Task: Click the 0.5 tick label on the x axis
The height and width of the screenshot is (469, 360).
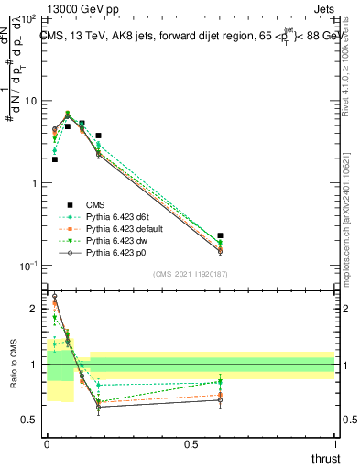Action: (191, 442)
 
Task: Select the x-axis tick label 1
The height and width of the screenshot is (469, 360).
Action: (335, 442)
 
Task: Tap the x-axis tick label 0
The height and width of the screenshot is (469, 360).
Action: (47, 442)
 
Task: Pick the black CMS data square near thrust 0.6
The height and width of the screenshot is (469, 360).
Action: (220, 235)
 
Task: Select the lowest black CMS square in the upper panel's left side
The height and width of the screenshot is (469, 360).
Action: (55, 159)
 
